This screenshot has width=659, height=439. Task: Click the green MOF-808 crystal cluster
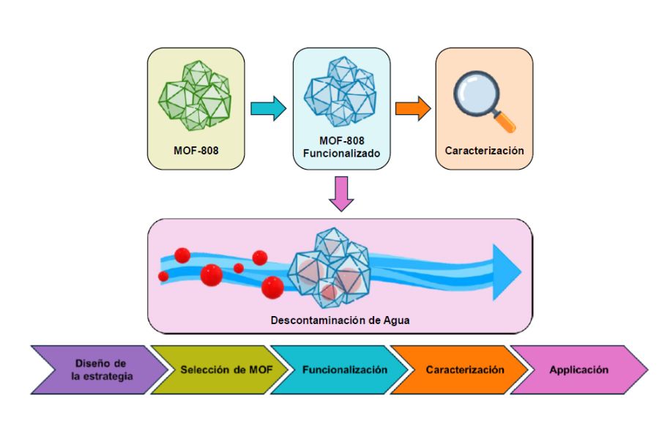tap(196, 96)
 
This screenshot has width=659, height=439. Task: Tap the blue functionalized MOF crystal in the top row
tap(340, 94)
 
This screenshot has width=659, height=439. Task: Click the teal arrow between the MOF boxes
tap(268, 108)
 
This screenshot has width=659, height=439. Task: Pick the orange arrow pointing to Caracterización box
tap(412, 108)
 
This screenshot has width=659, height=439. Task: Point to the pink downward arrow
tap(341, 193)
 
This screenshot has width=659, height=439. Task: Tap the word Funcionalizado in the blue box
tap(341, 155)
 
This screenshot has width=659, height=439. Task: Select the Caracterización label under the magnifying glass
tap(484, 151)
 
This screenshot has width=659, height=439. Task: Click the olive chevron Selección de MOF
tap(226, 369)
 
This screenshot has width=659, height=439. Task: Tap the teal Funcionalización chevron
tap(344, 369)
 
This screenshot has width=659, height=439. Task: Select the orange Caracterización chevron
tap(465, 369)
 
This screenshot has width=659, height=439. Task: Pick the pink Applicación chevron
tap(578, 369)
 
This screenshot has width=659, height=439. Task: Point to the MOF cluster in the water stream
tap(333, 266)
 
